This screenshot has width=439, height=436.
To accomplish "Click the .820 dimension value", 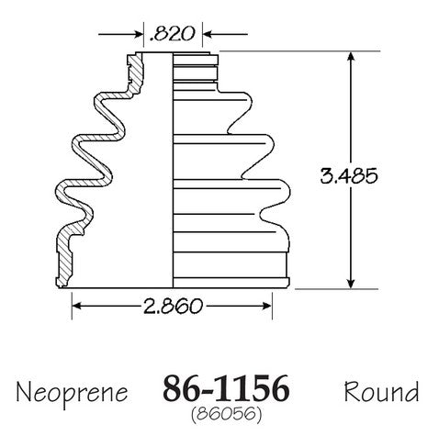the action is click(x=172, y=34).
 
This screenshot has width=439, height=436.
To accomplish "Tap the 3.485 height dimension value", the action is click(x=349, y=176).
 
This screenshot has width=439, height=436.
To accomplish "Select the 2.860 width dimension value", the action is click(x=173, y=306).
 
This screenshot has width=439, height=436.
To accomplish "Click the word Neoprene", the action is click(x=72, y=393).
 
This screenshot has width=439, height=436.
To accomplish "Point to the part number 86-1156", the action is click(x=226, y=388).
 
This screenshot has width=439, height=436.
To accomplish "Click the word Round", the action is click(x=381, y=392).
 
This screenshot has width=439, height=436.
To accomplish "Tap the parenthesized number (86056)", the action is click(x=227, y=414).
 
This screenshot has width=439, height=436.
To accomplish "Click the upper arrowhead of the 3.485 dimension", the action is click(x=351, y=57).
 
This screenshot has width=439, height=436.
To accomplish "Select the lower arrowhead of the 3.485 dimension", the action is click(x=351, y=283).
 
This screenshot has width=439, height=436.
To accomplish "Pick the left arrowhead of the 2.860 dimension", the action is click(x=77, y=306).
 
